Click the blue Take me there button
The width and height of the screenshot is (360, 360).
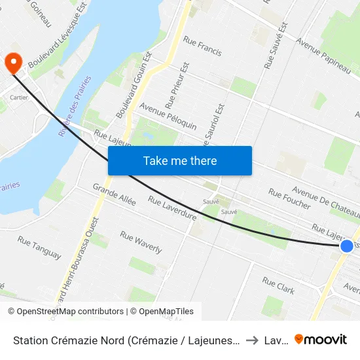(179, 160)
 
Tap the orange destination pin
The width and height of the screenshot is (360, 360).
(13, 63)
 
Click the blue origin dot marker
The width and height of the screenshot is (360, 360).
(347, 246)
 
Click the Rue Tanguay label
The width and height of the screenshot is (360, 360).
(39, 247)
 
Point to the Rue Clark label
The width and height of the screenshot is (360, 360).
(278, 285)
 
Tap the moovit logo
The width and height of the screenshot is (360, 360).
(321, 339)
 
